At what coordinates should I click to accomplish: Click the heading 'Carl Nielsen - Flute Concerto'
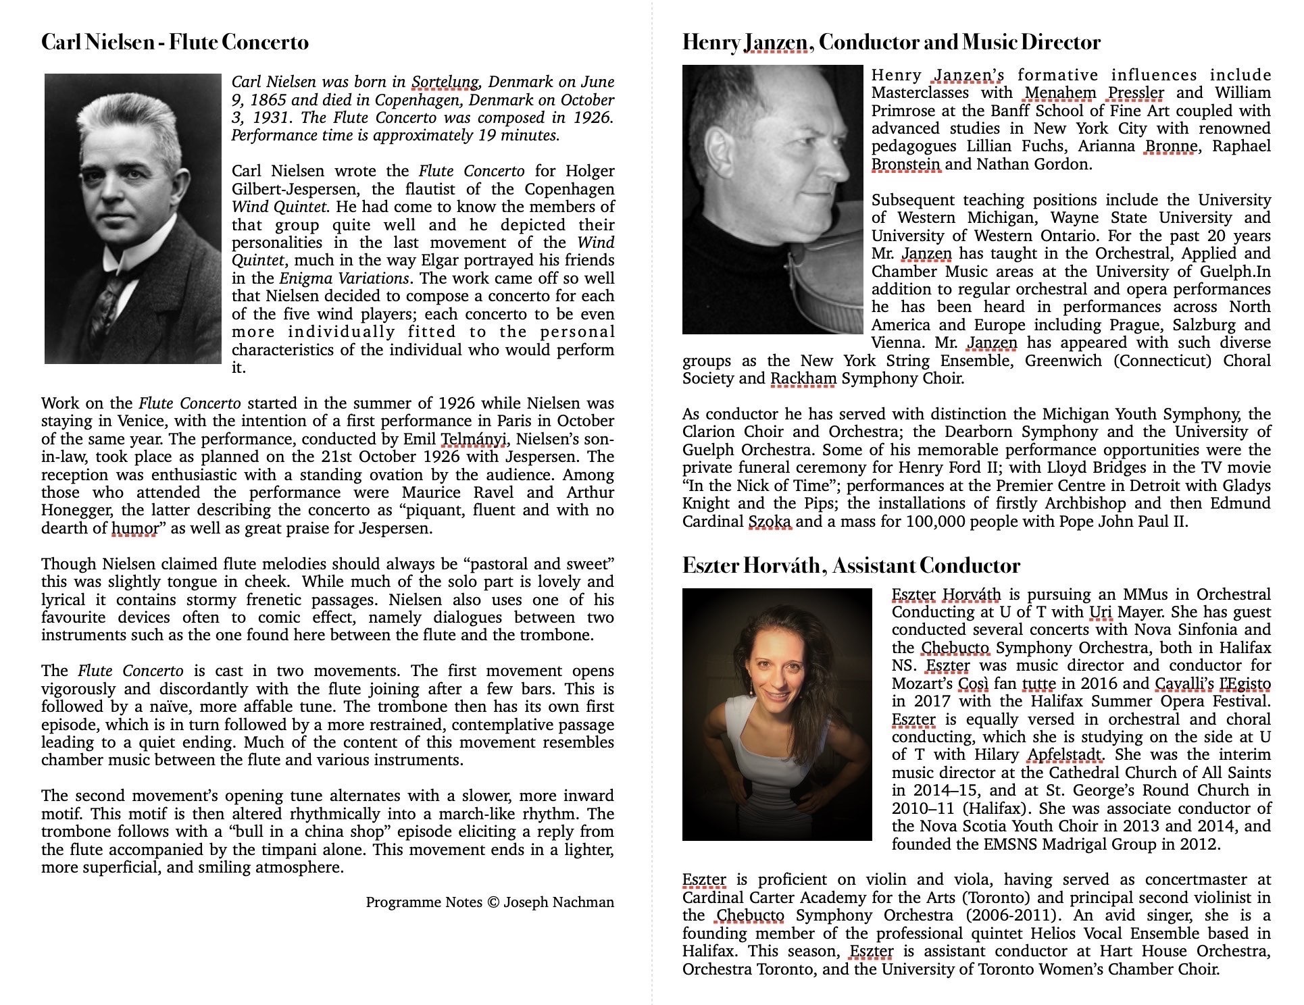pyautogui.click(x=175, y=43)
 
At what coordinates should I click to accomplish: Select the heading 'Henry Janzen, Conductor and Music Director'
pyautogui.click(x=891, y=43)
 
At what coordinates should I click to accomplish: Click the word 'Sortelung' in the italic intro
pyautogui.click(x=445, y=82)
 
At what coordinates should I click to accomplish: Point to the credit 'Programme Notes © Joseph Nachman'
pyautogui.click(x=490, y=902)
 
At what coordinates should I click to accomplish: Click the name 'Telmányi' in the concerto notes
pyautogui.click(x=473, y=439)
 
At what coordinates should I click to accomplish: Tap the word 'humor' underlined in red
pyautogui.click(x=134, y=528)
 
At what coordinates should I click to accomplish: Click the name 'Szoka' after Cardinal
pyautogui.click(x=770, y=521)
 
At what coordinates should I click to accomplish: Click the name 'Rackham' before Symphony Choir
pyautogui.click(x=803, y=378)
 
